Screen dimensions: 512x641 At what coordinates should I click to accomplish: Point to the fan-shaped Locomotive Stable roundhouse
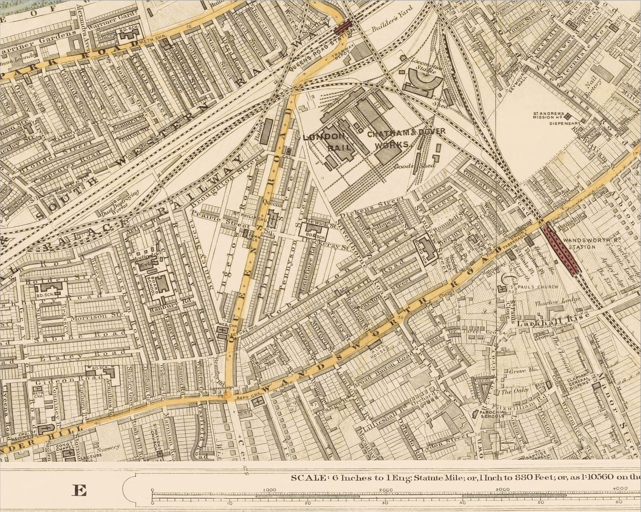point(419,82)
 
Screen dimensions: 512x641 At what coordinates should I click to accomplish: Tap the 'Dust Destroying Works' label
point(126,203)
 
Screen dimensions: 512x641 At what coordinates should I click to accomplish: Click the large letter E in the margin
point(80,490)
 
